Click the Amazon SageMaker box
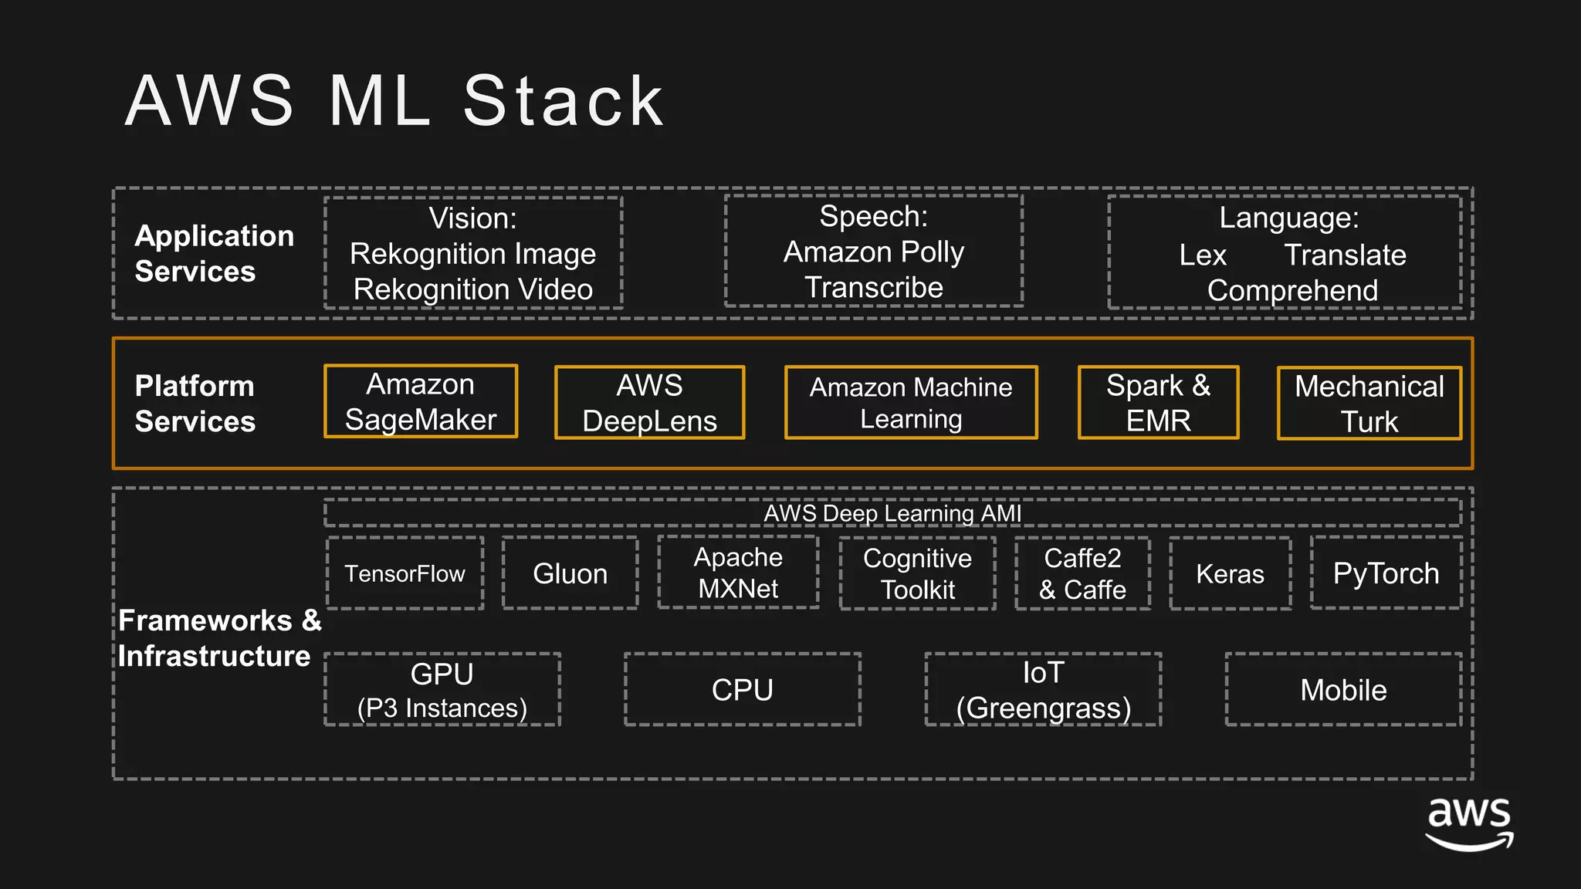click(x=421, y=401)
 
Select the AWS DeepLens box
click(x=649, y=403)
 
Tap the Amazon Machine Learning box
click(x=911, y=403)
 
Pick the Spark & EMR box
click(x=1158, y=403)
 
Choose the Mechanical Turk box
click(x=1369, y=404)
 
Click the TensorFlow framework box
click(x=405, y=573)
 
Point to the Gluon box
click(x=570, y=573)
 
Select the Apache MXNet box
click(x=738, y=573)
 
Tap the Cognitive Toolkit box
click(x=917, y=573)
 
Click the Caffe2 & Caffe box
click(x=1082, y=573)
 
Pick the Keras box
click(x=1230, y=573)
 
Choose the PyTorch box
click(x=1386, y=573)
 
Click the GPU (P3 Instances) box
click(x=442, y=690)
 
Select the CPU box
click(x=742, y=690)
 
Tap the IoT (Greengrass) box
click(x=1043, y=690)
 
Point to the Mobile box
click(x=1343, y=690)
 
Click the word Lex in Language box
click(x=1202, y=255)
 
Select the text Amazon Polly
click(x=873, y=252)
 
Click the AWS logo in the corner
click(x=1468, y=824)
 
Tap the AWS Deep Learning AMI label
click(x=892, y=513)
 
